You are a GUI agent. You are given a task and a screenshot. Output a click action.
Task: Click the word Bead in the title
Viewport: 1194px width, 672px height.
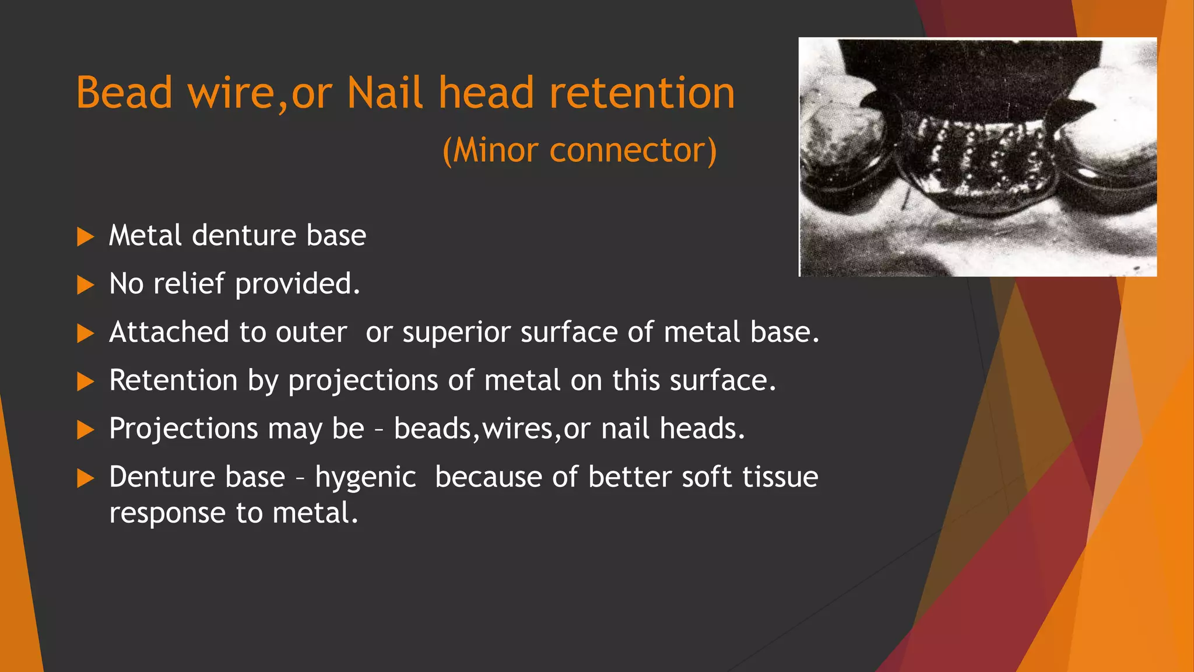124,93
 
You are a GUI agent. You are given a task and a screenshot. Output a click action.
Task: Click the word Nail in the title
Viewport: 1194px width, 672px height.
385,93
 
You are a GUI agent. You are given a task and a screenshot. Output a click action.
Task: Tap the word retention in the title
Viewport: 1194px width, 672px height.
642,93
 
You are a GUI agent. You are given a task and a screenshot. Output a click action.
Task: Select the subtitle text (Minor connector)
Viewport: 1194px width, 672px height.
580,150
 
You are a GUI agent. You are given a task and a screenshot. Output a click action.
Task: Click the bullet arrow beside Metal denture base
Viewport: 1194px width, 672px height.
85,237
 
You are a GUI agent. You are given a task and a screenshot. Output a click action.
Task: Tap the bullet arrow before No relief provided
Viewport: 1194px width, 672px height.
85,285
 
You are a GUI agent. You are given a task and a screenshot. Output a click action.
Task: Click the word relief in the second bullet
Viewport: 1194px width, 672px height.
189,284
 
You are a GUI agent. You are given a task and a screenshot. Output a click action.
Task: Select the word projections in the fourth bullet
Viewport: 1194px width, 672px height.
363,381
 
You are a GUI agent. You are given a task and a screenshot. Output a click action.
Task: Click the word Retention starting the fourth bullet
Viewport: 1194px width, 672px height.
173,380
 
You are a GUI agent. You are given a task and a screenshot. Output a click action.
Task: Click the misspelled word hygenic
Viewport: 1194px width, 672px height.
366,478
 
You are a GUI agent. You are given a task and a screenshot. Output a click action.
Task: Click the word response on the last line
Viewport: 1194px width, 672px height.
167,514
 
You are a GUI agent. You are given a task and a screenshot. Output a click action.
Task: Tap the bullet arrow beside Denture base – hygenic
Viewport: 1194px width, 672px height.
85,479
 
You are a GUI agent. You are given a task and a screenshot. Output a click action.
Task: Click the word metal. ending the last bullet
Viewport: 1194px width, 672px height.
315,513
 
